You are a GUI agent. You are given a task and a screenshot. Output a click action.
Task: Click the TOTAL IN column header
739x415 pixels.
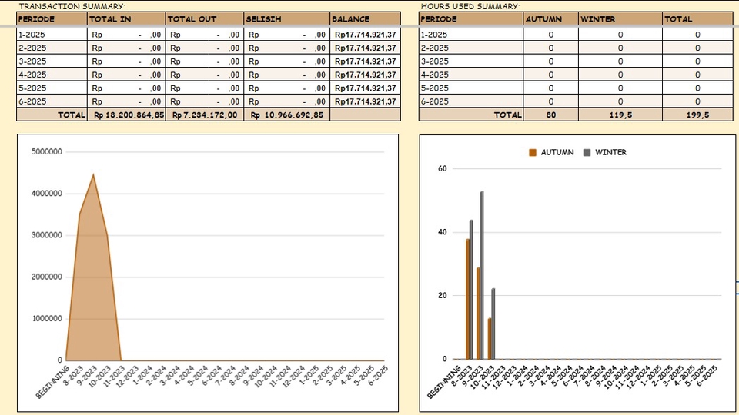click(x=110, y=18)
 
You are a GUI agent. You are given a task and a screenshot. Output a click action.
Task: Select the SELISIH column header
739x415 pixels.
click(x=262, y=18)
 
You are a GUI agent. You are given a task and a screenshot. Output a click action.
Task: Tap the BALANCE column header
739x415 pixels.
click(x=351, y=18)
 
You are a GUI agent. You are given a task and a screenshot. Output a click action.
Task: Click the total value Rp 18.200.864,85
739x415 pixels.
click(x=129, y=115)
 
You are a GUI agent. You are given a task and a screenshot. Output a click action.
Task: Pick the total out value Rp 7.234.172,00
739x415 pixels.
click(x=205, y=115)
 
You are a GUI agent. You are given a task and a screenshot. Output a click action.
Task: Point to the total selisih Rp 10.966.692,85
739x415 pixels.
click(x=287, y=115)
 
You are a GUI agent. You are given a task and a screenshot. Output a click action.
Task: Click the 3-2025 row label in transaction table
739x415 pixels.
click(x=32, y=61)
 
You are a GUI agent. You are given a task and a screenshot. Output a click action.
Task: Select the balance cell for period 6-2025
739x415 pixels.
click(x=366, y=101)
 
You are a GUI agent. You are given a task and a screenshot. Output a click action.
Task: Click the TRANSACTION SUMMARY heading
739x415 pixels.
click(x=72, y=6)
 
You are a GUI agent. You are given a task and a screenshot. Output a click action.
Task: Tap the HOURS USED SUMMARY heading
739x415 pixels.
click(x=470, y=6)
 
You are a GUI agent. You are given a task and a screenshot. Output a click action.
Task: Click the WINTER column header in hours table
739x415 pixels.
click(x=598, y=18)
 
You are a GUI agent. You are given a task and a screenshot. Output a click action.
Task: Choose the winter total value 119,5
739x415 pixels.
click(x=620, y=115)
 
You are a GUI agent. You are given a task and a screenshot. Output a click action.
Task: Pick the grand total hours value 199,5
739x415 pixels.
click(x=697, y=115)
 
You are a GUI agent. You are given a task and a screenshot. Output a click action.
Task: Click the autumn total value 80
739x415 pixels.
click(x=550, y=115)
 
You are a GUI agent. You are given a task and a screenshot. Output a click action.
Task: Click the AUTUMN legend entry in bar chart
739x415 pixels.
click(x=551, y=152)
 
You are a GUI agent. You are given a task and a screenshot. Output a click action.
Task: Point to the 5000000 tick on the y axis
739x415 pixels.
click(x=47, y=152)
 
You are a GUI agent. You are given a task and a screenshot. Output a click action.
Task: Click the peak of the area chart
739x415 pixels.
click(x=93, y=175)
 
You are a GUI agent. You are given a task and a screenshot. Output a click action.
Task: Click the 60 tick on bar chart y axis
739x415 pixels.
click(x=443, y=168)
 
